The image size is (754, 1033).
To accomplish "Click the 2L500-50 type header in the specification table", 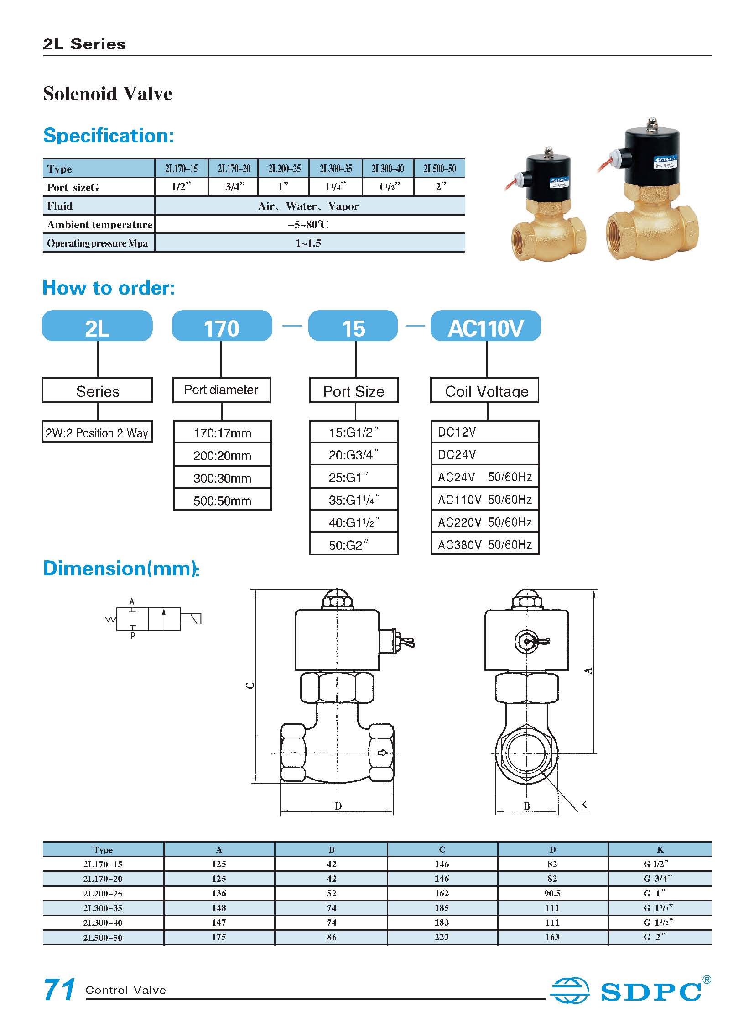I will point(439,169).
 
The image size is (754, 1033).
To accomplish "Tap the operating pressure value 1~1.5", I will point(308,243).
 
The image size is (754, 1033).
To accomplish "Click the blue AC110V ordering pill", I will point(486,327).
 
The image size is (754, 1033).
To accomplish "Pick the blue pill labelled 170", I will point(221,327).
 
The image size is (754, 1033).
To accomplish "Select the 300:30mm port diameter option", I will point(222,478).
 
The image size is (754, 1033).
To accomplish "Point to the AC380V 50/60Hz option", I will point(485,545).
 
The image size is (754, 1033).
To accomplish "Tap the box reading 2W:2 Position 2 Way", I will point(97,432).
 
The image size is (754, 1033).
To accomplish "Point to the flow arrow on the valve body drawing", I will point(383,753).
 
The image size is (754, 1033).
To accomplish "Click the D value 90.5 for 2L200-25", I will point(552,893).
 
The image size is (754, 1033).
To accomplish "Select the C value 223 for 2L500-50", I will point(442,937).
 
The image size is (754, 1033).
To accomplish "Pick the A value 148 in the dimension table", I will point(219,908).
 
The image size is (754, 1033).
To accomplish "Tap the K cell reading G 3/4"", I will point(659,879).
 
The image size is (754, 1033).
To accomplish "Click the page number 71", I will point(59,990).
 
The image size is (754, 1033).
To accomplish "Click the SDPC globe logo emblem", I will point(570,991).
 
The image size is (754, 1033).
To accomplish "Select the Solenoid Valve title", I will point(108,94).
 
